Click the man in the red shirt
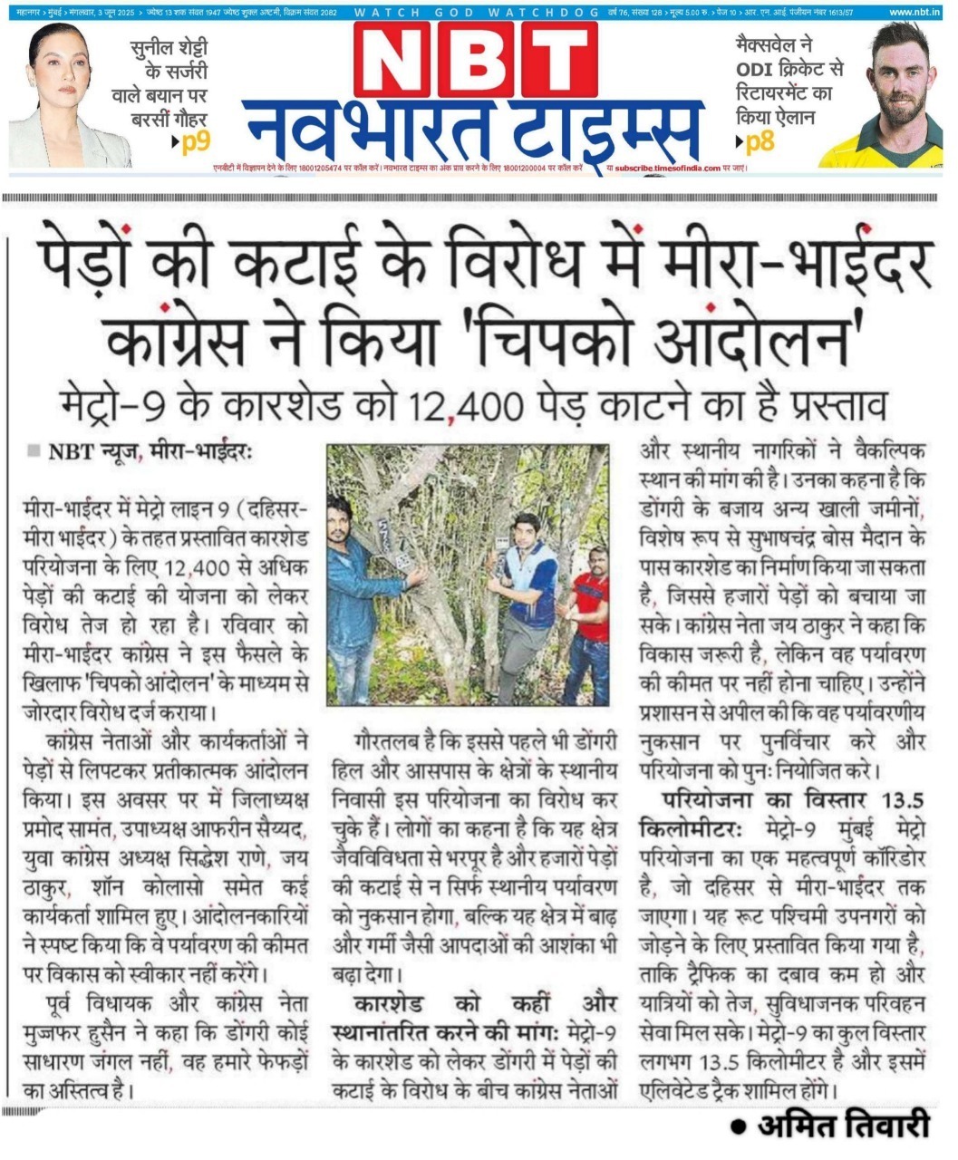click(587, 625)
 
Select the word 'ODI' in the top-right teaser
click(763, 70)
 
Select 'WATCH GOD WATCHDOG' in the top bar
click(476, 12)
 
